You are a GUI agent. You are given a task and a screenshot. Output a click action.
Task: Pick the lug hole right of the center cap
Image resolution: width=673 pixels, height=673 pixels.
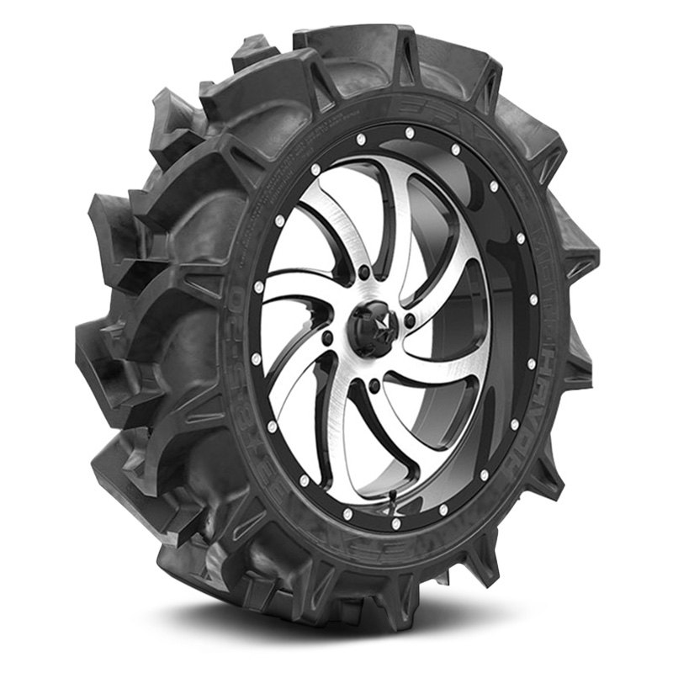point(410,321)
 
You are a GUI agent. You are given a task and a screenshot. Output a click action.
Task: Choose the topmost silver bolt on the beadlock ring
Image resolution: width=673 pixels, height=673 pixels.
point(408,132)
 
